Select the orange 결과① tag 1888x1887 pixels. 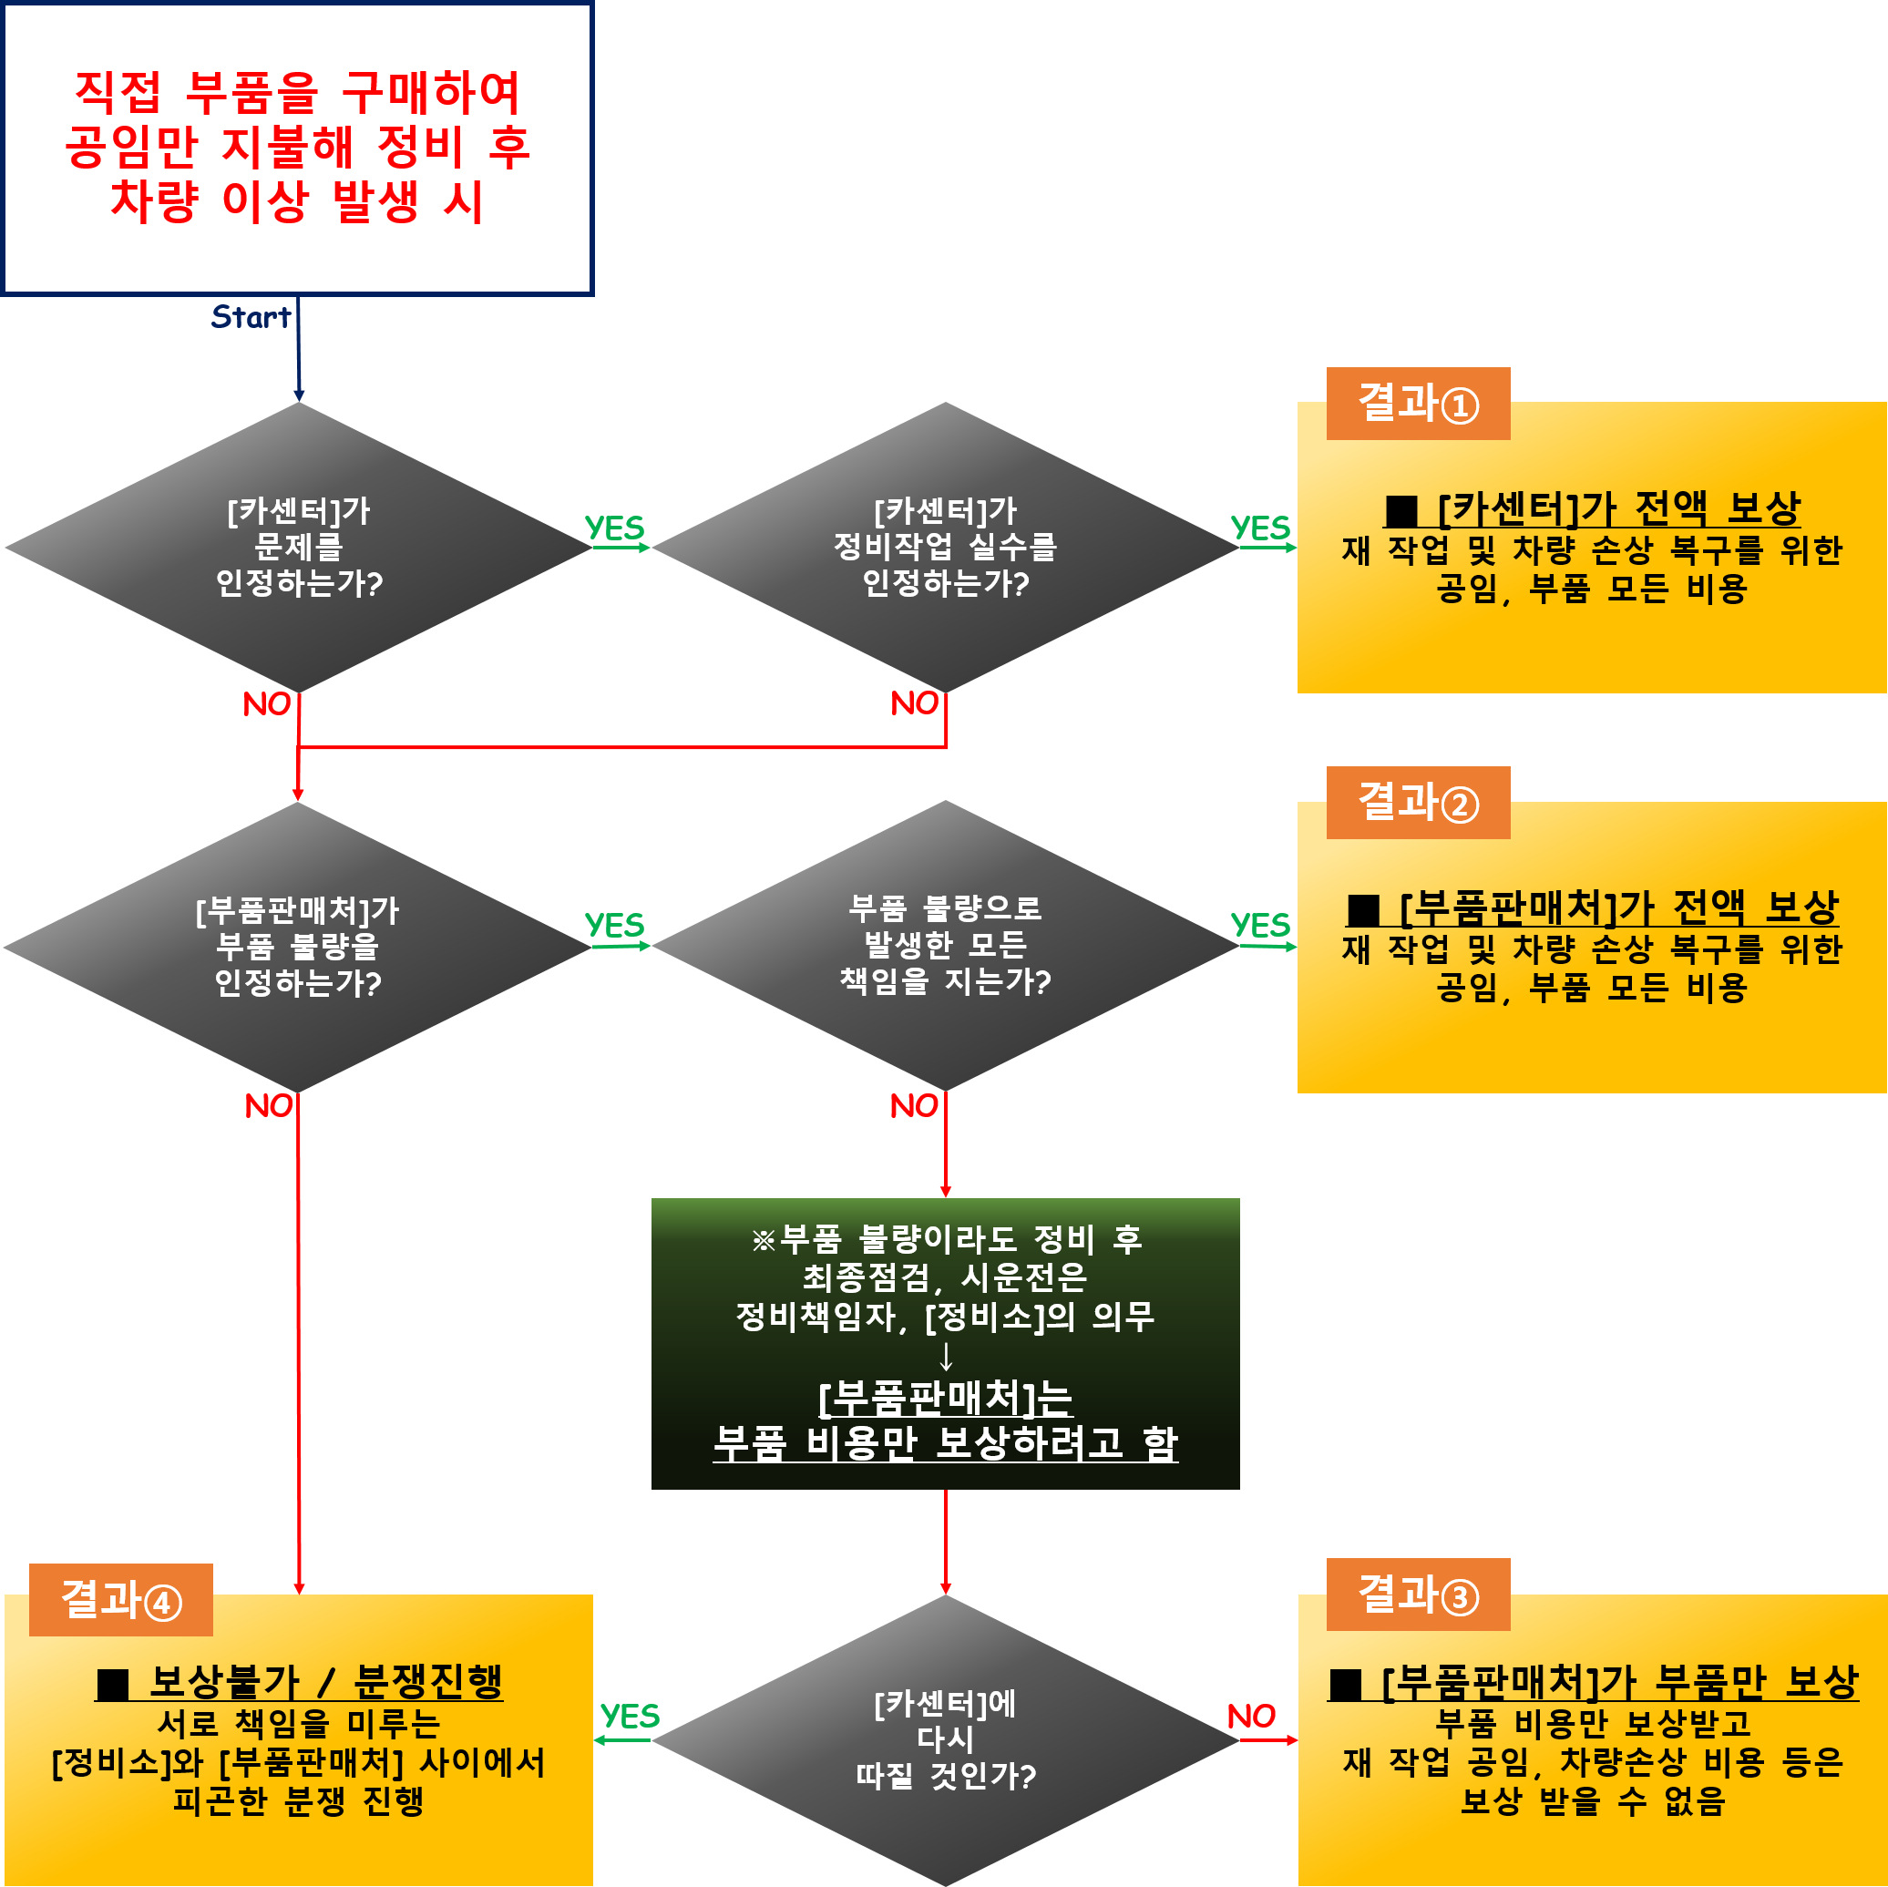[x=1417, y=404]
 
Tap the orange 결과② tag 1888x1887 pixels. [x=1417, y=804]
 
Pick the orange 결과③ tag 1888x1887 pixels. [x=1417, y=1595]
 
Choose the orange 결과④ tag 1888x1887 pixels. [x=121, y=1601]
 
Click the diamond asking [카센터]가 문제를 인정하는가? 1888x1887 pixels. [x=298, y=548]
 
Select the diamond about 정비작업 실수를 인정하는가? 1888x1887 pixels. [x=945, y=548]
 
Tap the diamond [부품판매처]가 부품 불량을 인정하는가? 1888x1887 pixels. [x=298, y=946]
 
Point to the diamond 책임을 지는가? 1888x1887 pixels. [x=945, y=945]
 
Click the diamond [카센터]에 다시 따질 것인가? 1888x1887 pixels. [x=945, y=1740]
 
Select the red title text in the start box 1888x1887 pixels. [x=298, y=147]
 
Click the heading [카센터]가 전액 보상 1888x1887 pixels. [x=1592, y=508]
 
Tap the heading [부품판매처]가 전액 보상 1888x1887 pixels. [x=1592, y=908]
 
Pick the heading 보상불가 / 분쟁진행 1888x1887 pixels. [x=299, y=1682]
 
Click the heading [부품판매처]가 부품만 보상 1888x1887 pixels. [x=1592, y=1682]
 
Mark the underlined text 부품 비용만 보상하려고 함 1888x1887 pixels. [x=945, y=1443]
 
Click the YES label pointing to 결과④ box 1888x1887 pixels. [x=630, y=1716]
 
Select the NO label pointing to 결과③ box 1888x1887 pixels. [x=1251, y=1716]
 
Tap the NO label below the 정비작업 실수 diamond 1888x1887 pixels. [x=914, y=703]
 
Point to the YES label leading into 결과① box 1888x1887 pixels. [x=1259, y=528]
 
